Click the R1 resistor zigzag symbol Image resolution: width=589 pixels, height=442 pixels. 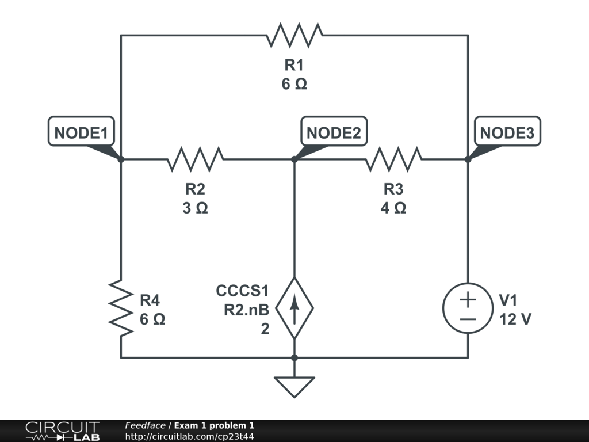point(294,35)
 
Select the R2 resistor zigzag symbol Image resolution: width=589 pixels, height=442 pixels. point(196,159)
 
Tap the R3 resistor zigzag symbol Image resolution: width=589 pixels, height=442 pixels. point(393,159)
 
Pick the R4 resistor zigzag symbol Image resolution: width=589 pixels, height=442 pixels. point(121,308)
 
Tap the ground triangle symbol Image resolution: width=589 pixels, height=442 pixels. point(294,387)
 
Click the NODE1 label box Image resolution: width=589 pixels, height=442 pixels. point(81,131)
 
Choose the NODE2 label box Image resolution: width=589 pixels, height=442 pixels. point(334,131)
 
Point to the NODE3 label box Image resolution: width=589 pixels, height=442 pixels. point(507,131)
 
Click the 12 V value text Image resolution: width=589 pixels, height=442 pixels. point(515,319)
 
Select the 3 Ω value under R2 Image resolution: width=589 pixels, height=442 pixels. point(196,208)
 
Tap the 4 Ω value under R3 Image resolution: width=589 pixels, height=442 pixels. point(393,208)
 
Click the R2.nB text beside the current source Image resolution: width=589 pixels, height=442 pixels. point(246,310)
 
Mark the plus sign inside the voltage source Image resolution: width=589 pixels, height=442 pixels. point(468,299)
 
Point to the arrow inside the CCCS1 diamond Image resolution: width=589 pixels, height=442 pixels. point(294,308)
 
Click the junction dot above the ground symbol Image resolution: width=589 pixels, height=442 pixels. point(294,358)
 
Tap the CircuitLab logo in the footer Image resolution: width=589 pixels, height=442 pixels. point(63,430)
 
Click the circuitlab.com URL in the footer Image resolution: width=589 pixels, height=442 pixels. point(189,436)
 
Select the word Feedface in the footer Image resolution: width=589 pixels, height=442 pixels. point(145,425)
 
